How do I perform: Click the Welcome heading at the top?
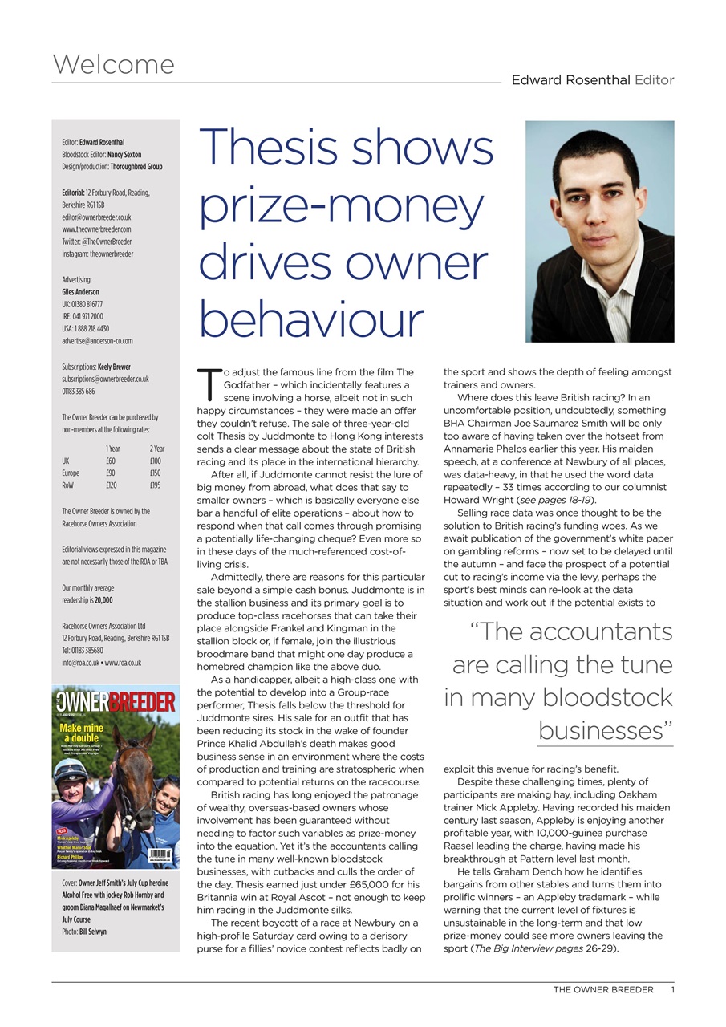tap(113, 64)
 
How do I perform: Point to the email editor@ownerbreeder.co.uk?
tap(96, 217)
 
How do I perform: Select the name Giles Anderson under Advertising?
tap(80, 292)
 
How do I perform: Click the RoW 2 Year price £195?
tap(155, 486)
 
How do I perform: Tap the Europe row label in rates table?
tap(71, 473)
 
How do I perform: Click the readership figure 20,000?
tap(103, 600)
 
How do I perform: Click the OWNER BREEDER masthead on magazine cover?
tap(116, 703)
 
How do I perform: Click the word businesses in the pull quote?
tap(604, 731)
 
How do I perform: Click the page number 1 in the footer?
tap(672, 990)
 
